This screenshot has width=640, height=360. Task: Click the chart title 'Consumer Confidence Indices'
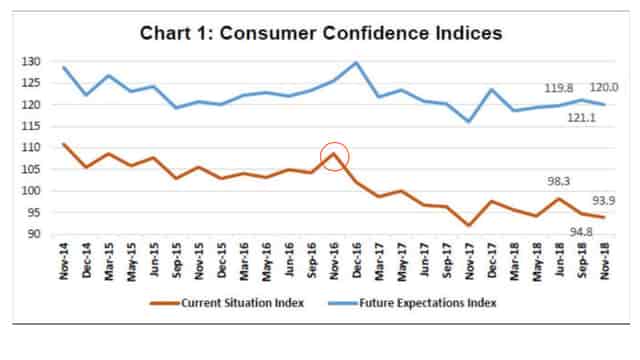[x=320, y=34]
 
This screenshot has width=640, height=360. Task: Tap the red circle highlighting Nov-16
[x=336, y=155]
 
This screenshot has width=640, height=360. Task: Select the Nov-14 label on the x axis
[x=65, y=262]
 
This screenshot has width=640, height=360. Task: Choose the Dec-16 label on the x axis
[x=358, y=262]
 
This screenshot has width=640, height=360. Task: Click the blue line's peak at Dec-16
[x=357, y=62]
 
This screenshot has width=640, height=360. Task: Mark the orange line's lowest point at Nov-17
[x=469, y=225]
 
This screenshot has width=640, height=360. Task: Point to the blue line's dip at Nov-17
[x=469, y=122]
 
